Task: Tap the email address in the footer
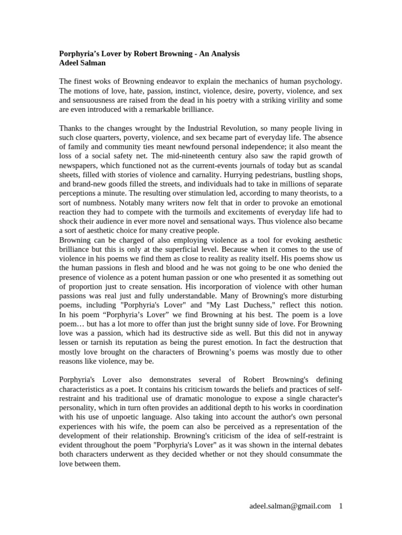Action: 290,506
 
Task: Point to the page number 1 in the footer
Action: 341,506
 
